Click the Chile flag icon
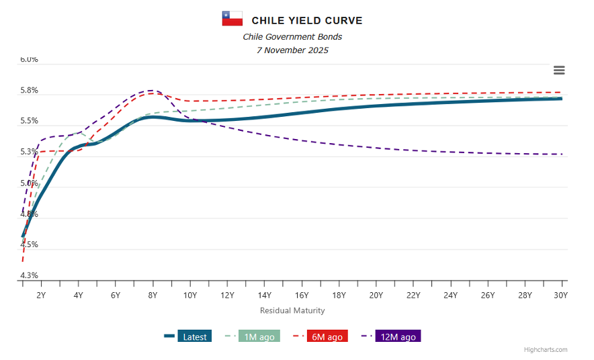click(232, 19)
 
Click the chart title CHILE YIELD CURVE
click(306, 21)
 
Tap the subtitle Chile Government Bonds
click(292, 37)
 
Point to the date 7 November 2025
click(292, 50)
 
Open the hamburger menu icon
click(559, 71)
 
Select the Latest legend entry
click(187, 336)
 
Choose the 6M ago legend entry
click(320, 336)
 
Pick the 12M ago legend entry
click(391, 336)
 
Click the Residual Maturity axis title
click(292, 310)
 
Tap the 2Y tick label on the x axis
click(41, 296)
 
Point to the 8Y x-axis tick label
click(153, 296)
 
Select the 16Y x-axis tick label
click(302, 296)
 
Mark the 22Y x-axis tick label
click(413, 296)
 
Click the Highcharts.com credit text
click(546, 350)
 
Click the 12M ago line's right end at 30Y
click(562, 154)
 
